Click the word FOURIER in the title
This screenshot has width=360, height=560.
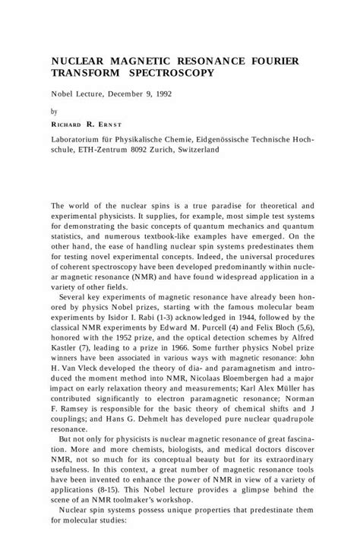(271, 59)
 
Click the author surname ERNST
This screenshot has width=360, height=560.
(103, 124)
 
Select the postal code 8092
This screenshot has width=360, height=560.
(143, 150)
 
